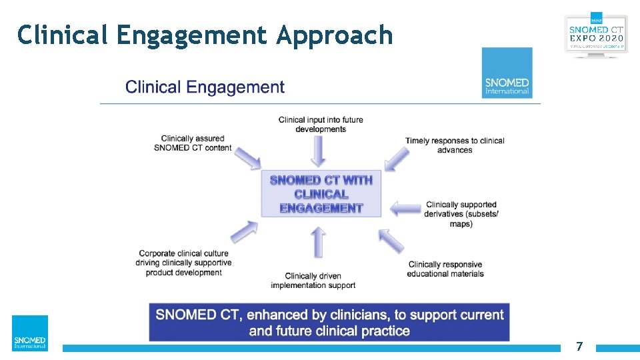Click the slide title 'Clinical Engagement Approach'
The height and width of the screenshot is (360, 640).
205,35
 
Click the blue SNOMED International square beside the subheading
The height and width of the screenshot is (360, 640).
507,73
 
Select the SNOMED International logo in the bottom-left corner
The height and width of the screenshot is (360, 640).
30,333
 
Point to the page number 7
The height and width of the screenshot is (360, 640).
579,347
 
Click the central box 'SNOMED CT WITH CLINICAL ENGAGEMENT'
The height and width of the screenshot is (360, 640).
321,194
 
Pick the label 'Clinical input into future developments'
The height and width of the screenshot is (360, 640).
321,124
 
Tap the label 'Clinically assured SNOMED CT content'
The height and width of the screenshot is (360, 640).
193,143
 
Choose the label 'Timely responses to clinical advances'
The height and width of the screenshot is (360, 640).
455,145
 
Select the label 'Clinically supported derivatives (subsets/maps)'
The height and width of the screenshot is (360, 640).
461,214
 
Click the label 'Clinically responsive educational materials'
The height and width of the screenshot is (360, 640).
446,269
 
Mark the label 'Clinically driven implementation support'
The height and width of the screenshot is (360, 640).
313,281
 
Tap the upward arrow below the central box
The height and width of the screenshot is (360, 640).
319,241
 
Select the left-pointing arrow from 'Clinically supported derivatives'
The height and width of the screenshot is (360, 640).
405,209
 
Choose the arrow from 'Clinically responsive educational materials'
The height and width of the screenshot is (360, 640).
391,240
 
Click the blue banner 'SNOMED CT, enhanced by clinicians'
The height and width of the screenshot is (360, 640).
329,323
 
